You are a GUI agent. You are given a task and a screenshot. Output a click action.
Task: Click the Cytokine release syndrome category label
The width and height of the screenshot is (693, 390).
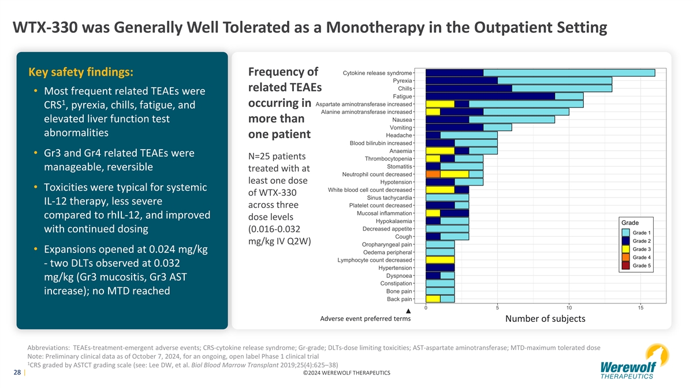tap(377, 73)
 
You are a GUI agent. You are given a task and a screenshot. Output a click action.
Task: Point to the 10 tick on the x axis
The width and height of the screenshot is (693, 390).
tap(569, 308)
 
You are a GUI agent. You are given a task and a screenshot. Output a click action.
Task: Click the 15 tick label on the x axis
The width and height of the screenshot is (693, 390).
tap(655, 308)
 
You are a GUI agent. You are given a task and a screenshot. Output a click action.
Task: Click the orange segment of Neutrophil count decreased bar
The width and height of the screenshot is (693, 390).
tap(433, 174)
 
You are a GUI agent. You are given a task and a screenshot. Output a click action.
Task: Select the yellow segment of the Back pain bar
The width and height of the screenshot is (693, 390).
tap(433, 299)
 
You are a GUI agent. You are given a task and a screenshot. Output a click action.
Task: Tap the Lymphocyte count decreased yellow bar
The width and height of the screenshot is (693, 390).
tap(439, 260)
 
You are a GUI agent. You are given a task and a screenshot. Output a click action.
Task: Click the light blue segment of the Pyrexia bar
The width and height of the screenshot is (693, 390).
tap(554, 80)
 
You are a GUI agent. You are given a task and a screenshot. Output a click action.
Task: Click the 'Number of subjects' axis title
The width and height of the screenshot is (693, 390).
tap(545, 319)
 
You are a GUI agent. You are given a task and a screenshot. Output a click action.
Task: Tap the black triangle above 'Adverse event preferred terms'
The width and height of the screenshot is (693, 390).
tap(408, 311)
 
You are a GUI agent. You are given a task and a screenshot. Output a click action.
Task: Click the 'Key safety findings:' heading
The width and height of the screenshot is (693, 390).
tap(81, 72)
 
